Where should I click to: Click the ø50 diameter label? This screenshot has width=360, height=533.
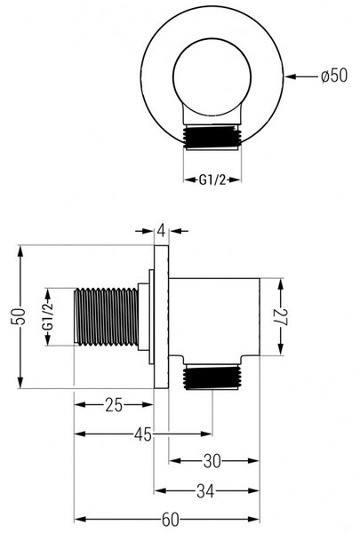334,76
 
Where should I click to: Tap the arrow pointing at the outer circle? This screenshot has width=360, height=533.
301,76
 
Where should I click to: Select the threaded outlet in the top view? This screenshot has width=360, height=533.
212,137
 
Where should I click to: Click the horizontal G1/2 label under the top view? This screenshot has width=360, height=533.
212,179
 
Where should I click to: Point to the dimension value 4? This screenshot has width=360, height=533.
162,231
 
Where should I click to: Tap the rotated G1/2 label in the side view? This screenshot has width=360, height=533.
48,317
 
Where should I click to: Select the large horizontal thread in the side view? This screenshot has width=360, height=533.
106,316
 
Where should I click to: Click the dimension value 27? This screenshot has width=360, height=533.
281,317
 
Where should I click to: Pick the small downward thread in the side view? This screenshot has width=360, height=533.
212,378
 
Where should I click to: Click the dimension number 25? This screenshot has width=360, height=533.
114,405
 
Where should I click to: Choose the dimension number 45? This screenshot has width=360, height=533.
143,434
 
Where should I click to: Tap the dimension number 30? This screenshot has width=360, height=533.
212,461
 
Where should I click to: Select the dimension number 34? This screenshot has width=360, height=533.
205,491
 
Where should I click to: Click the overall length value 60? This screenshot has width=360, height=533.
170,520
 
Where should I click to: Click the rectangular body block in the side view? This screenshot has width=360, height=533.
214,317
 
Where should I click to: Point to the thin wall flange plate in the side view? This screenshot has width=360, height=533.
161,316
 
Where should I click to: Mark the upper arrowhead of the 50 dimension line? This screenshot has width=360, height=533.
20,253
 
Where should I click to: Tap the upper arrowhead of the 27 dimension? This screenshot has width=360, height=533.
281,286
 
